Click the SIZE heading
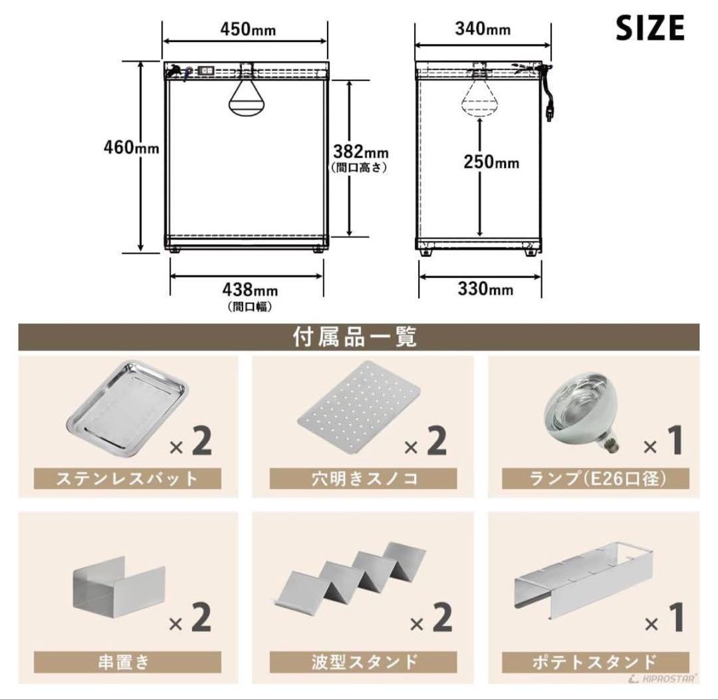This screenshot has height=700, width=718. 650,27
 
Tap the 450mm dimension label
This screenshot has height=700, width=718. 248,29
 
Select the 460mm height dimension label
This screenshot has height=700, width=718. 131,148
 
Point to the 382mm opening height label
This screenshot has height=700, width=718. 360,151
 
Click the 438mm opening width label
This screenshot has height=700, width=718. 249,289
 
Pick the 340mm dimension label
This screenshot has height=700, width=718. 483,29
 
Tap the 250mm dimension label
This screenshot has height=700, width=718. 491,162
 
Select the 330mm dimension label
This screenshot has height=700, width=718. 485,289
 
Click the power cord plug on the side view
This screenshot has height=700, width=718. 548,113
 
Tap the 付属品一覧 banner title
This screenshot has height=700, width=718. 355,337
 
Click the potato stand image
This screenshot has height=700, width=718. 586,577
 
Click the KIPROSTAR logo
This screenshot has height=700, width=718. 670,678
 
